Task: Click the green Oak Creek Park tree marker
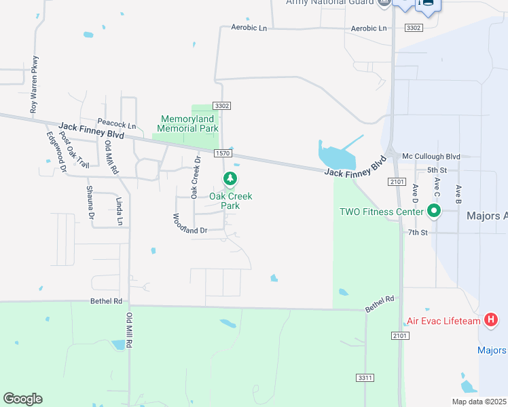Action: click(230, 178)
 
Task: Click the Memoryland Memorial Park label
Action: click(188, 123)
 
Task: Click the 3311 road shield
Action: click(364, 376)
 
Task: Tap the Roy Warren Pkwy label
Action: click(34, 83)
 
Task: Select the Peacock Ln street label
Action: click(117, 125)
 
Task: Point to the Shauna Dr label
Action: click(90, 202)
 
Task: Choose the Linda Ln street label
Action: click(119, 211)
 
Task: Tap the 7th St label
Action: click(418, 232)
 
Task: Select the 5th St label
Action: click(437, 170)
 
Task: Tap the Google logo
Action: click(23, 399)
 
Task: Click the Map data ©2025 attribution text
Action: click(479, 402)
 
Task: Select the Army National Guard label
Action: click(329, 3)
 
